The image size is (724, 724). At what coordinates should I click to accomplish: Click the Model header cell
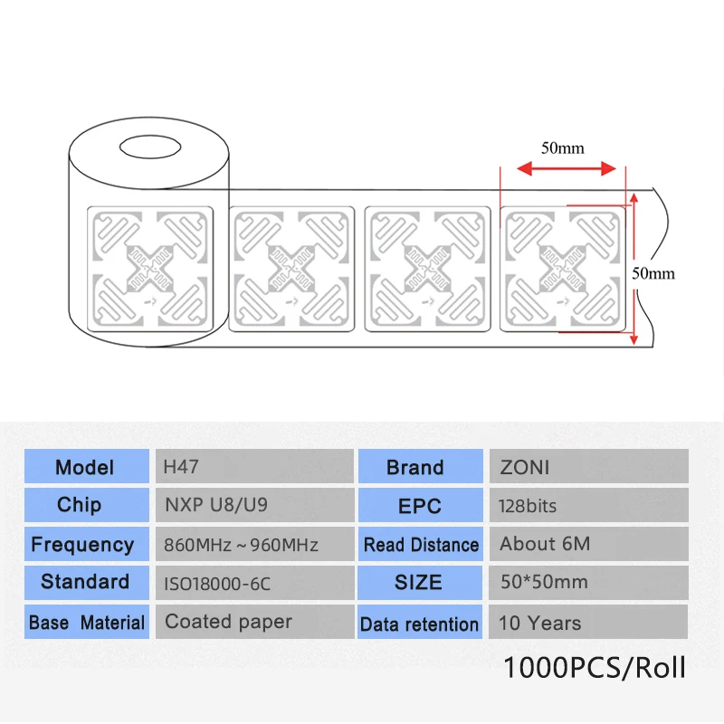(85, 467)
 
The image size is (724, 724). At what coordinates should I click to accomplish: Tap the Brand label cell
(415, 467)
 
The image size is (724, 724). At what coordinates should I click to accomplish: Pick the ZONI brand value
(588, 467)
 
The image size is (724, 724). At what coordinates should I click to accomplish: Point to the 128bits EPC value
(588, 505)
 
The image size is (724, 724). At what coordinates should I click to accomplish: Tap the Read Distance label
(421, 545)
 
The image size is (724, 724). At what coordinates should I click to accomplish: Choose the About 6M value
(588, 544)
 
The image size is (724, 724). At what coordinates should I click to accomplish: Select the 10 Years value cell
(588, 623)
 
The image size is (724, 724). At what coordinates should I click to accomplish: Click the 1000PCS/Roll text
(594, 668)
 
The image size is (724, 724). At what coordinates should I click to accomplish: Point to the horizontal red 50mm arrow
(566, 168)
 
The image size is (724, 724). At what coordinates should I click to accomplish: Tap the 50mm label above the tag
(562, 148)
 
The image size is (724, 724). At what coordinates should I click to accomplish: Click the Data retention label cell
(419, 624)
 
